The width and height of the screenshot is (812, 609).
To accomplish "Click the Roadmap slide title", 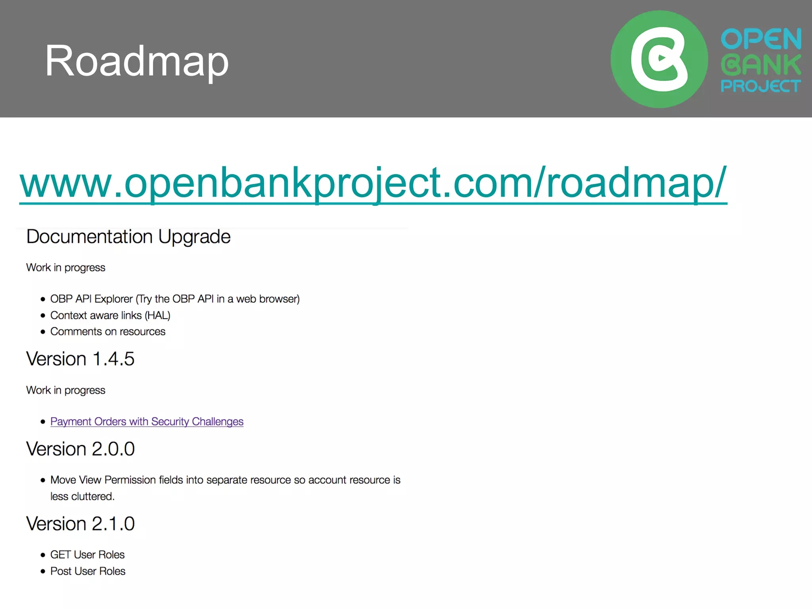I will (137, 61).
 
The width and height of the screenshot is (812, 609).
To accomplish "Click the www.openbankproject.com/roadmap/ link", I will (373, 183).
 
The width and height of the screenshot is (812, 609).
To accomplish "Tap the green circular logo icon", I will (659, 59).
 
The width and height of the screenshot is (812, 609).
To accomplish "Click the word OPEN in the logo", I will (761, 39).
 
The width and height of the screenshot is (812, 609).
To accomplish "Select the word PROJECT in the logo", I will (760, 86).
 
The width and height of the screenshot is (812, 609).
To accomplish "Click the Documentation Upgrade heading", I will (128, 237).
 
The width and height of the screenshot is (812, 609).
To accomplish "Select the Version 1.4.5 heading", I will (80, 359).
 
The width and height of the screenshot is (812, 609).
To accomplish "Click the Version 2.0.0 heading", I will (80, 449).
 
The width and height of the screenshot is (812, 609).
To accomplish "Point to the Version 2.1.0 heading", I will (80, 524).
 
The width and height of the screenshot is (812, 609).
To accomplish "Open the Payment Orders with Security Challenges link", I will (147, 421).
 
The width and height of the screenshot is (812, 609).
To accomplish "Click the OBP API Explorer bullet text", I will (175, 299).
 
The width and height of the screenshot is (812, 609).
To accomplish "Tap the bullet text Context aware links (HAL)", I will (110, 315).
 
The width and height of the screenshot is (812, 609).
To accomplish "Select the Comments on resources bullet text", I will (108, 331).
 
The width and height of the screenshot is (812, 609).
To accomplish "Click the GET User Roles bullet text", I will (87, 555).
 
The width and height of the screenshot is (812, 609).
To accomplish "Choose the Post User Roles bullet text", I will (88, 571).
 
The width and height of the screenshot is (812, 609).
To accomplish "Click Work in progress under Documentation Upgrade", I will (65, 268).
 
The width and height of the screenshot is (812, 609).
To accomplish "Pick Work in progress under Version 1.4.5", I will (65, 390).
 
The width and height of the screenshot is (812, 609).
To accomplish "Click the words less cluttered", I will (82, 496).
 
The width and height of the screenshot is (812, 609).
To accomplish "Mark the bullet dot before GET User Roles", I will (43, 555).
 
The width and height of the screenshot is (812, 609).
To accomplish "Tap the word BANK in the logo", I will (761, 65).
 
